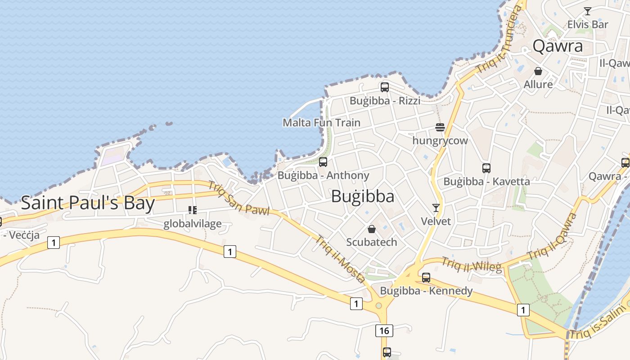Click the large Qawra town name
[558, 46]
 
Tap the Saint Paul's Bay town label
[88, 203]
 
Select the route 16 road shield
[384, 331]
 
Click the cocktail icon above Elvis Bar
[587, 11]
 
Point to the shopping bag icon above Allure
[538, 71]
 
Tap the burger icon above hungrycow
[440, 128]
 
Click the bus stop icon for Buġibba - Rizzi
[384, 87]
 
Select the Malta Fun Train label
[321, 122]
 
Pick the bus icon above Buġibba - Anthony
[323, 162]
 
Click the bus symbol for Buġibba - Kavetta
[486, 168]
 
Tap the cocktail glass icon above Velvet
[436, 208]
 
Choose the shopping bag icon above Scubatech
[371, 229]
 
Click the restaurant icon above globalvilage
[193, 210]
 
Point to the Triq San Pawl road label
[238, 198]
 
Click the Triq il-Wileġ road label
[471, 265]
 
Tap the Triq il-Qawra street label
[553, 236]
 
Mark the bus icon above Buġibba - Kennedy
[426, 277]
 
